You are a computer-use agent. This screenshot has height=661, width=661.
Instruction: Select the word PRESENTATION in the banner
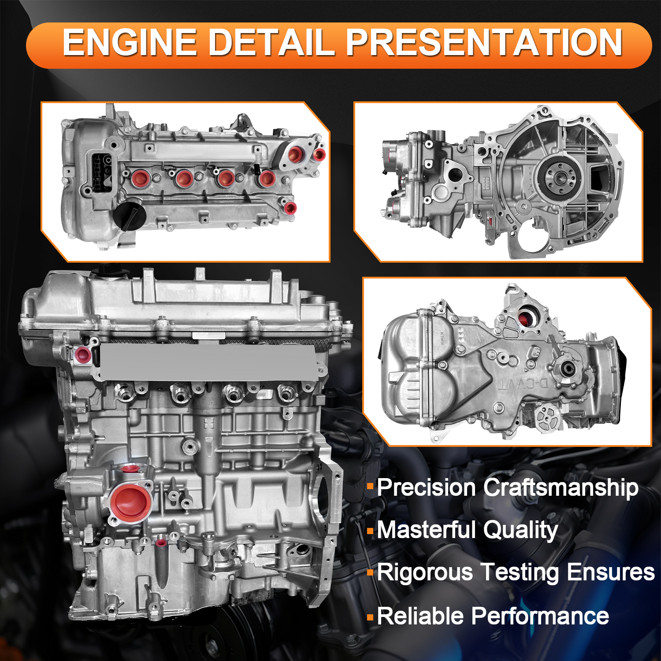point(484,43)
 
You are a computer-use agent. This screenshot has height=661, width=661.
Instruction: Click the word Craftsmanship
point(561,488)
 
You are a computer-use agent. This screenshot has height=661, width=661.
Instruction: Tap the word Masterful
point(426,530)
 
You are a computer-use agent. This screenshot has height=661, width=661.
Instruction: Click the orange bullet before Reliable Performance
point(370,616)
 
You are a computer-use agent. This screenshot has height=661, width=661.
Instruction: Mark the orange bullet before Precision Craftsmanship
point(370,486)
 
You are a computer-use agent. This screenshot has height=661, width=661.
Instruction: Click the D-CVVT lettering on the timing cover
point(524,383)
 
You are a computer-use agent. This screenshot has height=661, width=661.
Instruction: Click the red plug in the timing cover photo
point(525,318)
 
